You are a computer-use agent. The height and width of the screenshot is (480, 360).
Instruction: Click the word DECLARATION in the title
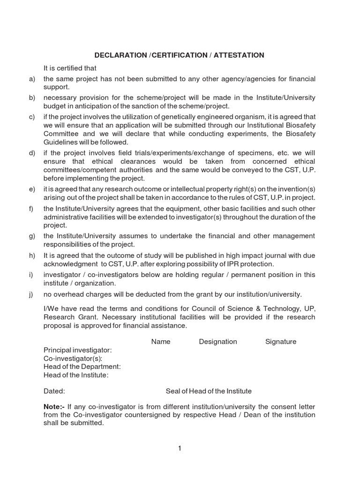(x=120, y=55)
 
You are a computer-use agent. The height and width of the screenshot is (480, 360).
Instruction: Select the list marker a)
(x=32, y=79)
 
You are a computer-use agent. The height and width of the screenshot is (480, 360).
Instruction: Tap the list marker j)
(x=32, y=294)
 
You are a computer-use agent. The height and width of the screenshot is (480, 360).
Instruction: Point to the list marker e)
(x=32, y=189)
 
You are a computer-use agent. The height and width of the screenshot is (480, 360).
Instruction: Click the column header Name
(x=161, y=342)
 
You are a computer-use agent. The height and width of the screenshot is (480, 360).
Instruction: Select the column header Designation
(x=218, y=342)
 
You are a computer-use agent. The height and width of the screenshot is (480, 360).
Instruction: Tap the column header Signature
(x=281, y=342)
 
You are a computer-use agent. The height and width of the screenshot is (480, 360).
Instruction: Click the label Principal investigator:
(x=78, y=350)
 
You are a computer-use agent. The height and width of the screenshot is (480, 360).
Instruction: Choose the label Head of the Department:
(x=82, y=367)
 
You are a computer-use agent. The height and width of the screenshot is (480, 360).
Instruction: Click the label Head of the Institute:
(x=76, y=375)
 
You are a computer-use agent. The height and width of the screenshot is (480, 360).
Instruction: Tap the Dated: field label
(x=54, y=391)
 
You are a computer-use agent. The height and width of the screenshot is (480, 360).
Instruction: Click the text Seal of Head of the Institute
(x=209, y=391)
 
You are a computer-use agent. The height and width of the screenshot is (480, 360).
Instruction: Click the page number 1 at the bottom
(x=180, y=449)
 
